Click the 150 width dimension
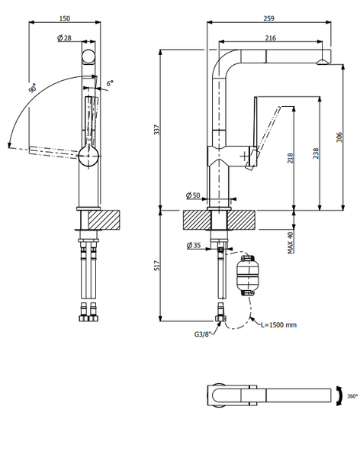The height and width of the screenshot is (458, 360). (65, 18)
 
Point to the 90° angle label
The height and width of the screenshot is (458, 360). (34, 89)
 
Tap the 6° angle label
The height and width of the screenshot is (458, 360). (110, 82)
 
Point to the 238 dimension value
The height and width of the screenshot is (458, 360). (315, 153)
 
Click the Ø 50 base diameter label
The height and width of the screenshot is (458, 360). (193, 196)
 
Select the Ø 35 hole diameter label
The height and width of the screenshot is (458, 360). (194, 246)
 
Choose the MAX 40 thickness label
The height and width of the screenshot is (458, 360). (291, 244)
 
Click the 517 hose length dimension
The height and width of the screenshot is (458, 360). (157, 266)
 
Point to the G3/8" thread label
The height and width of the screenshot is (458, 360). (204, 334)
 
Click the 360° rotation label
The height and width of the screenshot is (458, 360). (352, 396)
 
